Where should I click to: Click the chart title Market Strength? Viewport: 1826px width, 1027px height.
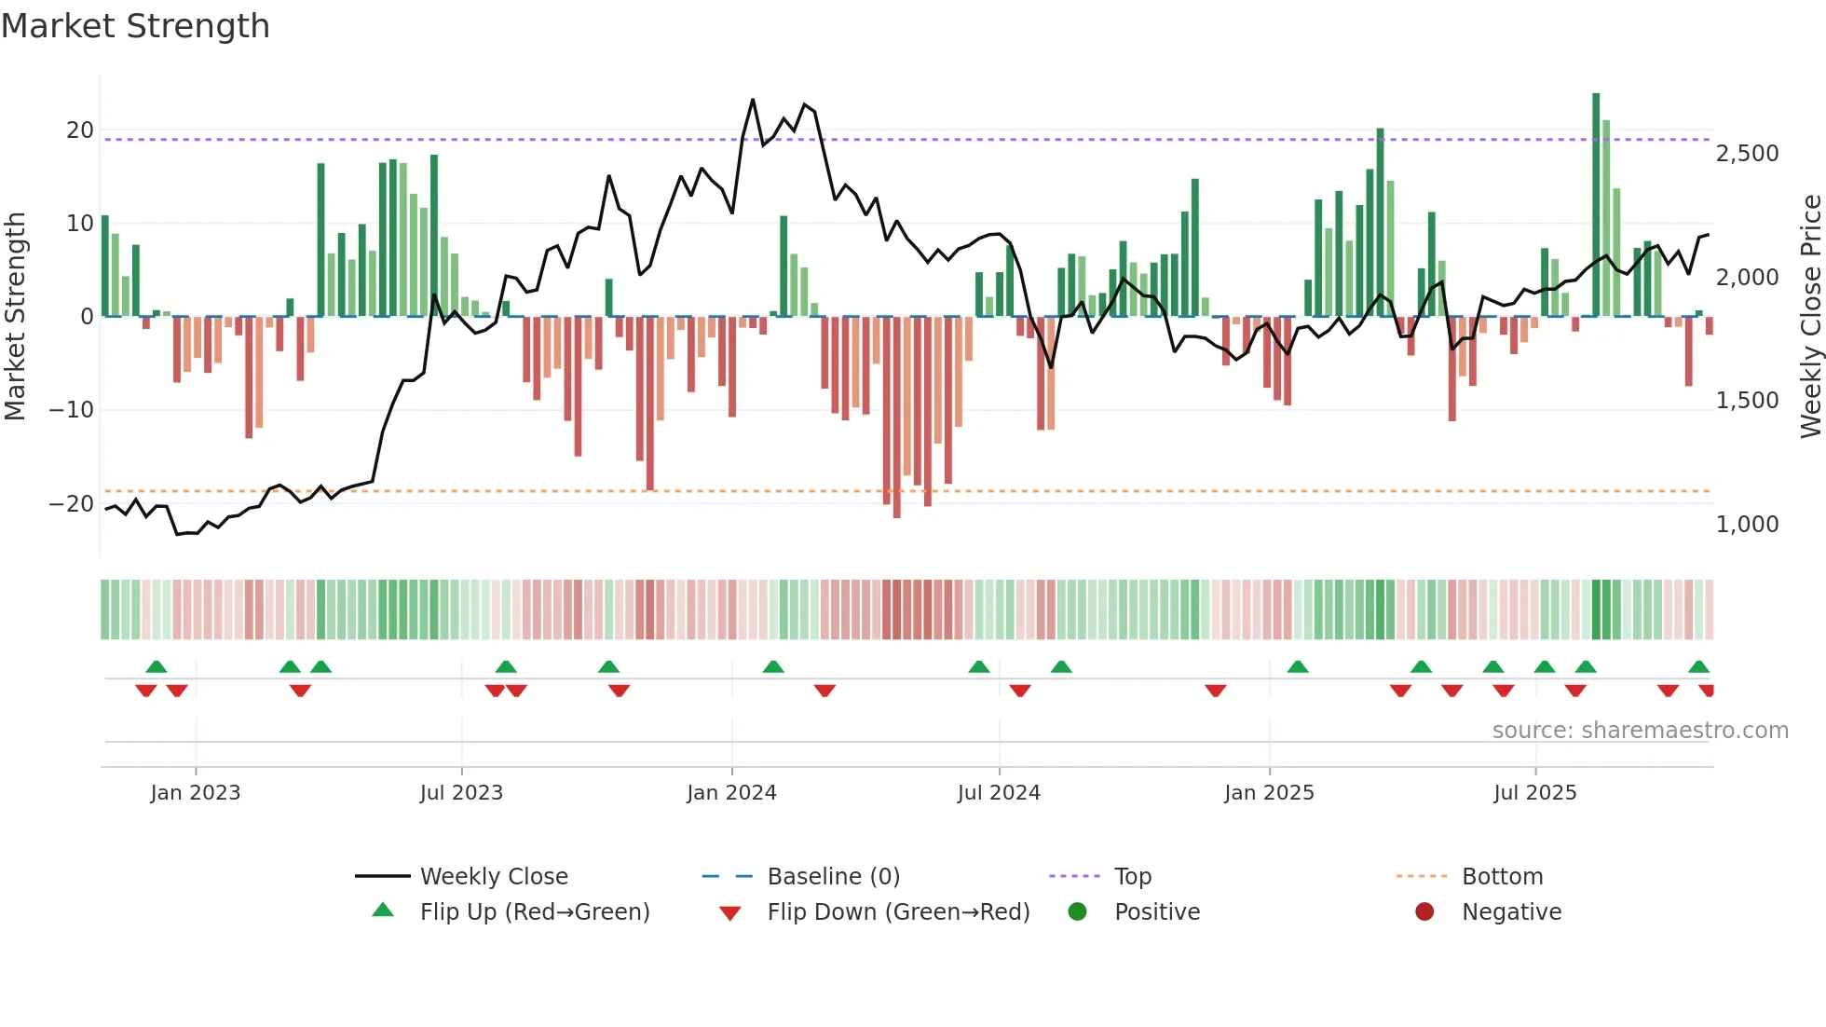tap(135, 26)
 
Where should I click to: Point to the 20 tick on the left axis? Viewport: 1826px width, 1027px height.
tap(80, 130)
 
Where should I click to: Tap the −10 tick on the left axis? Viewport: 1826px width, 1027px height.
tap(72, 410)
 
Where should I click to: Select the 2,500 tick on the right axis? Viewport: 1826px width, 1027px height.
tap(1747, 154)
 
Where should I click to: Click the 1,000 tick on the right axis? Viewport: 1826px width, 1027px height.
tap(1747, 525)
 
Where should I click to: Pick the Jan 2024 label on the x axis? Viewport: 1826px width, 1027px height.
tap(731, 793)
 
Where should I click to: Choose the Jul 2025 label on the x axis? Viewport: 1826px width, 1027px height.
tap(1534, 793)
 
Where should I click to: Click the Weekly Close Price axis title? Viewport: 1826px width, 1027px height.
tap(1810, 317)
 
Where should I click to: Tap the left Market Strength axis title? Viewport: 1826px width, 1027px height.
tap(15, 317)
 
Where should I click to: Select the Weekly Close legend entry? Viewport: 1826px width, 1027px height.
tap(494, 877)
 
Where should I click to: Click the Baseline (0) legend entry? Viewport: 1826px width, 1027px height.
tap(833, 877)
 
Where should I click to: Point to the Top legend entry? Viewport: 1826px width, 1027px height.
tap(1133, 877)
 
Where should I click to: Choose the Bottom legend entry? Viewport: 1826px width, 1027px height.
tap(1502, 877)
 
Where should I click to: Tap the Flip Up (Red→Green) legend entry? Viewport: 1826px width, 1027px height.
tap(534, 912)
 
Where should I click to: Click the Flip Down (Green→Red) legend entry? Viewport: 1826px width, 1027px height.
tap(898, 912)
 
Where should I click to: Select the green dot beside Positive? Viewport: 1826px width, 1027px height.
tap(1078, 912)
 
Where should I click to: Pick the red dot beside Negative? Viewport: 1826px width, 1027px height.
tap(1424, 912)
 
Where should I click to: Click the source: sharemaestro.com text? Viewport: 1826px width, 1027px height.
tap(1640, 731)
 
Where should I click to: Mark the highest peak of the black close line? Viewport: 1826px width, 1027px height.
tap(753, 100)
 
